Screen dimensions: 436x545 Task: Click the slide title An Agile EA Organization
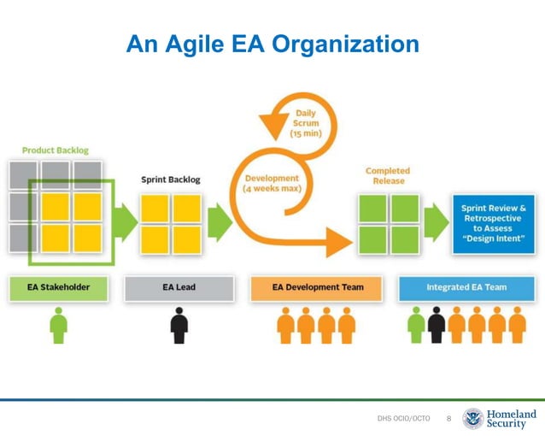[x=272, y=44]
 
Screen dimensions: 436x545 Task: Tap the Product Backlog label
[x=56, y=150]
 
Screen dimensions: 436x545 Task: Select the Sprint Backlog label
[x=171, y=180]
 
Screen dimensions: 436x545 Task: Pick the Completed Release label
[x=388, y=175]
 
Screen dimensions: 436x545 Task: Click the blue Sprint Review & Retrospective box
[x=493, y=224]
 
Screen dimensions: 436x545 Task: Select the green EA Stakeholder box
[x=58, y=288]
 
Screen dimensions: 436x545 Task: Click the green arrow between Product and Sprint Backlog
[x=126, y=223]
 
